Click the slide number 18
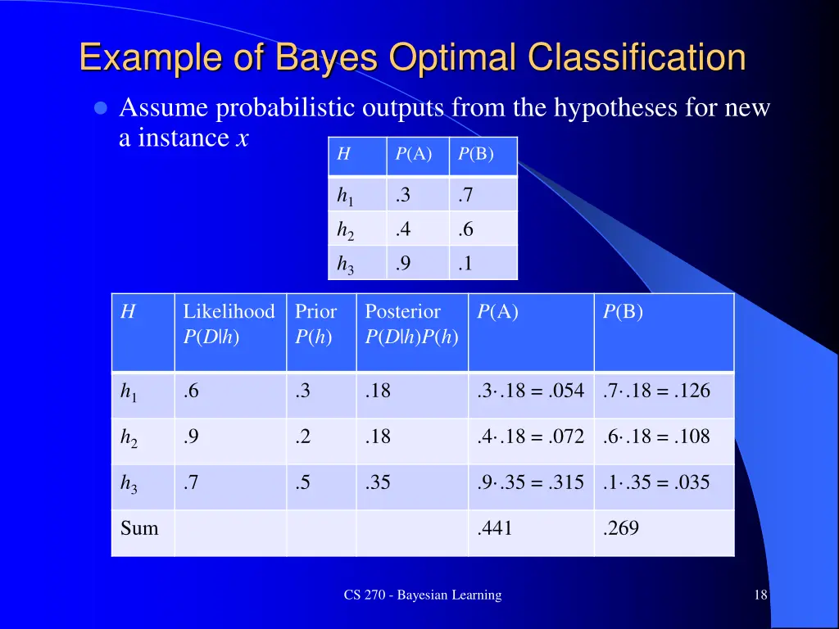760,595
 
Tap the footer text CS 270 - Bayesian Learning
422,595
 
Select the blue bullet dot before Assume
102,108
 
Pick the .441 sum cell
494,529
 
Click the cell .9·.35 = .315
530,482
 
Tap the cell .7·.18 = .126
656,391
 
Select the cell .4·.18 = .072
530,437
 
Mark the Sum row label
139,529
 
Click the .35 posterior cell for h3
378,482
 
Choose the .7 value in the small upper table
465,195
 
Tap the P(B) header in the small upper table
476,154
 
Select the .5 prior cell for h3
303,482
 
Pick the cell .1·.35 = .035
656,482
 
